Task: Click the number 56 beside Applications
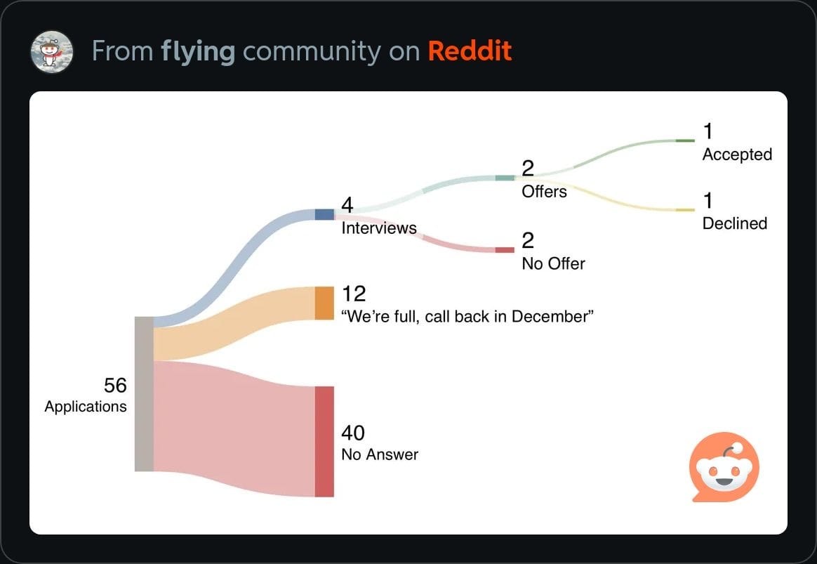(x=115, y=385)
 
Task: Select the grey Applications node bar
(x=143, y=394)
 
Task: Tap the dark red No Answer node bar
(x=324, y=441)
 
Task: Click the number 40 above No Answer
(x=353, y=432)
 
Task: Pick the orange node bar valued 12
(x=324, y=303)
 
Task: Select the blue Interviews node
(x=324, y=214)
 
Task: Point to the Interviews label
(x=378, y=228)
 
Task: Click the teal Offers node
(x=504, y=178)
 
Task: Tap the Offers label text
(x=544, y=191)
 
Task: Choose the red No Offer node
(x=504, y=250)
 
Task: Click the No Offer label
(x=553, y=263)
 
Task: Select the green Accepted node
(x=684, y=140)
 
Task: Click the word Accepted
(x=737, y=155)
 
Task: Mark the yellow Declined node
(x=684, y=210)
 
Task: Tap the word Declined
(x=735, y=223)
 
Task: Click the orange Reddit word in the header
(x=470, y=51)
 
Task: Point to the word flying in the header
(x=198, y=51)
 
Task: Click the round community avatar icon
(x=52, y=51)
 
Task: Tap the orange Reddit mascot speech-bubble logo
(x=724, y=467)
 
